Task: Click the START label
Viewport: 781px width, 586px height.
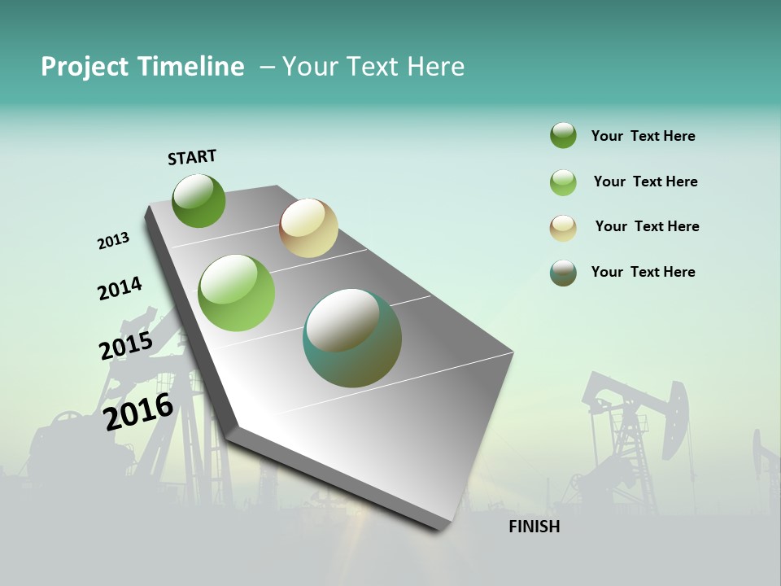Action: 192,157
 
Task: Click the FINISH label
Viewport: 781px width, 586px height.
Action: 534,527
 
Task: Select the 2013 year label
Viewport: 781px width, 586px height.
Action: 113,241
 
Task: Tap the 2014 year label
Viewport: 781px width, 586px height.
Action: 120,288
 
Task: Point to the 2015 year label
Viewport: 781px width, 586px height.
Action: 126,345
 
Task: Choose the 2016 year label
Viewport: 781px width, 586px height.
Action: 138,411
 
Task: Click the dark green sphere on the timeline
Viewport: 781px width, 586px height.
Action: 199,201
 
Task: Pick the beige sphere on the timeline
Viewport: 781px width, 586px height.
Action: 308,228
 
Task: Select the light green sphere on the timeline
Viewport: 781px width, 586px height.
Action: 237,293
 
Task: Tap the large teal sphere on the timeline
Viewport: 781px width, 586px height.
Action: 352,338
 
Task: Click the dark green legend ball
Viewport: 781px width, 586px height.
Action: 563,136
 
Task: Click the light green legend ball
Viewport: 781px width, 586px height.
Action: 563,182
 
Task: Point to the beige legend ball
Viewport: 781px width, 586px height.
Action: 563,228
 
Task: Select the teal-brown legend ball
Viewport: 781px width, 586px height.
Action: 563,273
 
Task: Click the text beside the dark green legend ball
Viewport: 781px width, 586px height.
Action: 643,136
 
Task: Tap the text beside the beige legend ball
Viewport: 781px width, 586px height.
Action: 647,226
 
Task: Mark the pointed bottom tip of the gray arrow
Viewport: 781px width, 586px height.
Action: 443,529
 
